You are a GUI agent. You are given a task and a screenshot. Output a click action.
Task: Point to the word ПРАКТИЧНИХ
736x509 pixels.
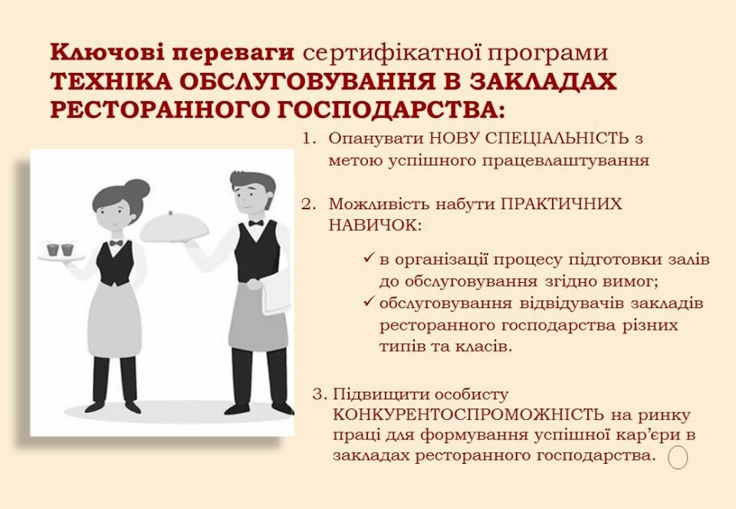[x=561, y=204]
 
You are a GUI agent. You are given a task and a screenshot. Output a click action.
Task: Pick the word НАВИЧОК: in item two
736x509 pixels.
[x=375, y=225]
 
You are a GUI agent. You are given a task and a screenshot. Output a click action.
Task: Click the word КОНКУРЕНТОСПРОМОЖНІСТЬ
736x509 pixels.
[x=468, y=415]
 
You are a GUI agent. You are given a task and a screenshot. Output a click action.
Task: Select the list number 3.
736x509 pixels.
[x=319, y=394]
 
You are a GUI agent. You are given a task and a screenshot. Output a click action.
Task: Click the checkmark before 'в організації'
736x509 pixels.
[x=369, y=258]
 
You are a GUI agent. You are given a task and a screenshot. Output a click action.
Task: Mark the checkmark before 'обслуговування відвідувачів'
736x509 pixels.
[x=369, y=301]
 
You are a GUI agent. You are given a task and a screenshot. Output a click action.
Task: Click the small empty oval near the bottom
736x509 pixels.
[x=678, y=457]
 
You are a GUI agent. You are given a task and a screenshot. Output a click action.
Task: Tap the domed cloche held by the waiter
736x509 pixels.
[x=174, y=228]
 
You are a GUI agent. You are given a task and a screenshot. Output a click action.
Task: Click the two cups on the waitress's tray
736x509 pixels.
[x=61, y=249]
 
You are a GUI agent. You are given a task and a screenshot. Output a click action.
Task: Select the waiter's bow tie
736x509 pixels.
[x=256, y=223]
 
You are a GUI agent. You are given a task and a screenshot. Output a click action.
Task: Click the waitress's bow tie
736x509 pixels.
[x=116, y=243]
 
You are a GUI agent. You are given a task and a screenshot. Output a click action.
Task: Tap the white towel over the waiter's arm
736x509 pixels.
[x=276, y=290]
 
